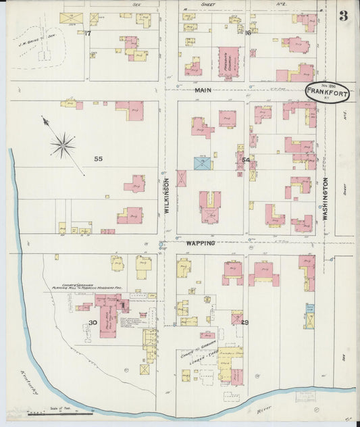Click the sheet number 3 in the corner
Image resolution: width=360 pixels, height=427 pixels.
pos(343,16)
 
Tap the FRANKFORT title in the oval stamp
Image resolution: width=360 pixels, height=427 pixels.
pos(327,93)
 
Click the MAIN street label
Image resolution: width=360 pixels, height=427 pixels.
pos(203,89)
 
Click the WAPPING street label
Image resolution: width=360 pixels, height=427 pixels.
pos(201,243)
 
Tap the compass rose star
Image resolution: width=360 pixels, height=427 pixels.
pos(63,144)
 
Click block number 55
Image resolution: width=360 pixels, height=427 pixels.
pos(98,159)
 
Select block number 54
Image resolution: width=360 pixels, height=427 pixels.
pos(246,160)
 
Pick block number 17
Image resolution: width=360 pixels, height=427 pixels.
pos(88,32)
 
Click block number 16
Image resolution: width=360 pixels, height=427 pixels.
pos(249,32)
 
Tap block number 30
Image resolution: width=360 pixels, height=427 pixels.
pos(93,322)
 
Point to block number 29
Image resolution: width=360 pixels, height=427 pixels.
pos(245,322)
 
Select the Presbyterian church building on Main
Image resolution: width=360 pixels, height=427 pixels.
pos(228,61)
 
